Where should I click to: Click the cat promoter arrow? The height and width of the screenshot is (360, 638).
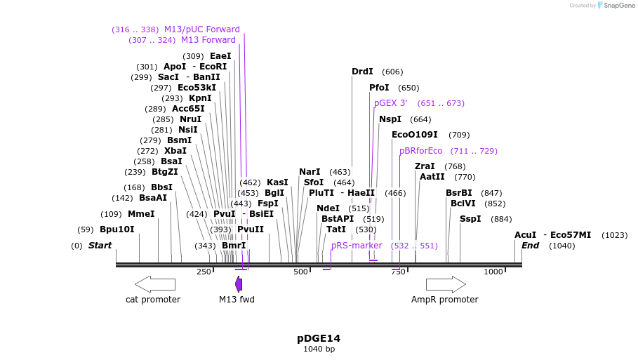(x=154, y=284)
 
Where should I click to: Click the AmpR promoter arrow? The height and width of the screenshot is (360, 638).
(x=446, y=284)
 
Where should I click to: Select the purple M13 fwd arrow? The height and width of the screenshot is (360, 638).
(x=239, y=284)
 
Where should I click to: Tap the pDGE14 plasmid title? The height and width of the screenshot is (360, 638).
(x=319, y=338)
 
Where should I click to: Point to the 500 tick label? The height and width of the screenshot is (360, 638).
(x=300, y=272)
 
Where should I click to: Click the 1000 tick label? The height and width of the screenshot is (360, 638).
(x=493, y=272)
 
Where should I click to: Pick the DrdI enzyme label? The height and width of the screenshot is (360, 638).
(x=362, y=72)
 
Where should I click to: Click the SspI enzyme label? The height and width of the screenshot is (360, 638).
(x=470, y=219)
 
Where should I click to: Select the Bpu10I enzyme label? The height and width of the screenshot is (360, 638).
(x=117, y=229)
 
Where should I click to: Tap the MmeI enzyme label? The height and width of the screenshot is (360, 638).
(x=141, y=214)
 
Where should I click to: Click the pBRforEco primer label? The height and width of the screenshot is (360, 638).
(x=421, y=151)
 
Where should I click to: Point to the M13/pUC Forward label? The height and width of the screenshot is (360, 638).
(x=202, y=29)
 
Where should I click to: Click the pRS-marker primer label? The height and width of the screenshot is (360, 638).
(x=357, y=246)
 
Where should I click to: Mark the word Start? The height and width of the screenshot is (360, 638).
(x=100, y=246)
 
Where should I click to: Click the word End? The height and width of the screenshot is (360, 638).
(x=530, y=246)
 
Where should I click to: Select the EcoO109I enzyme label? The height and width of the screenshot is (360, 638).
(x=414, y=135)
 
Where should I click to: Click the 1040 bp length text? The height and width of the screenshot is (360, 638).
(x=319, y=349)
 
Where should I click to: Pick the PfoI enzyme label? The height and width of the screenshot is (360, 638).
(x=379, y=88)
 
